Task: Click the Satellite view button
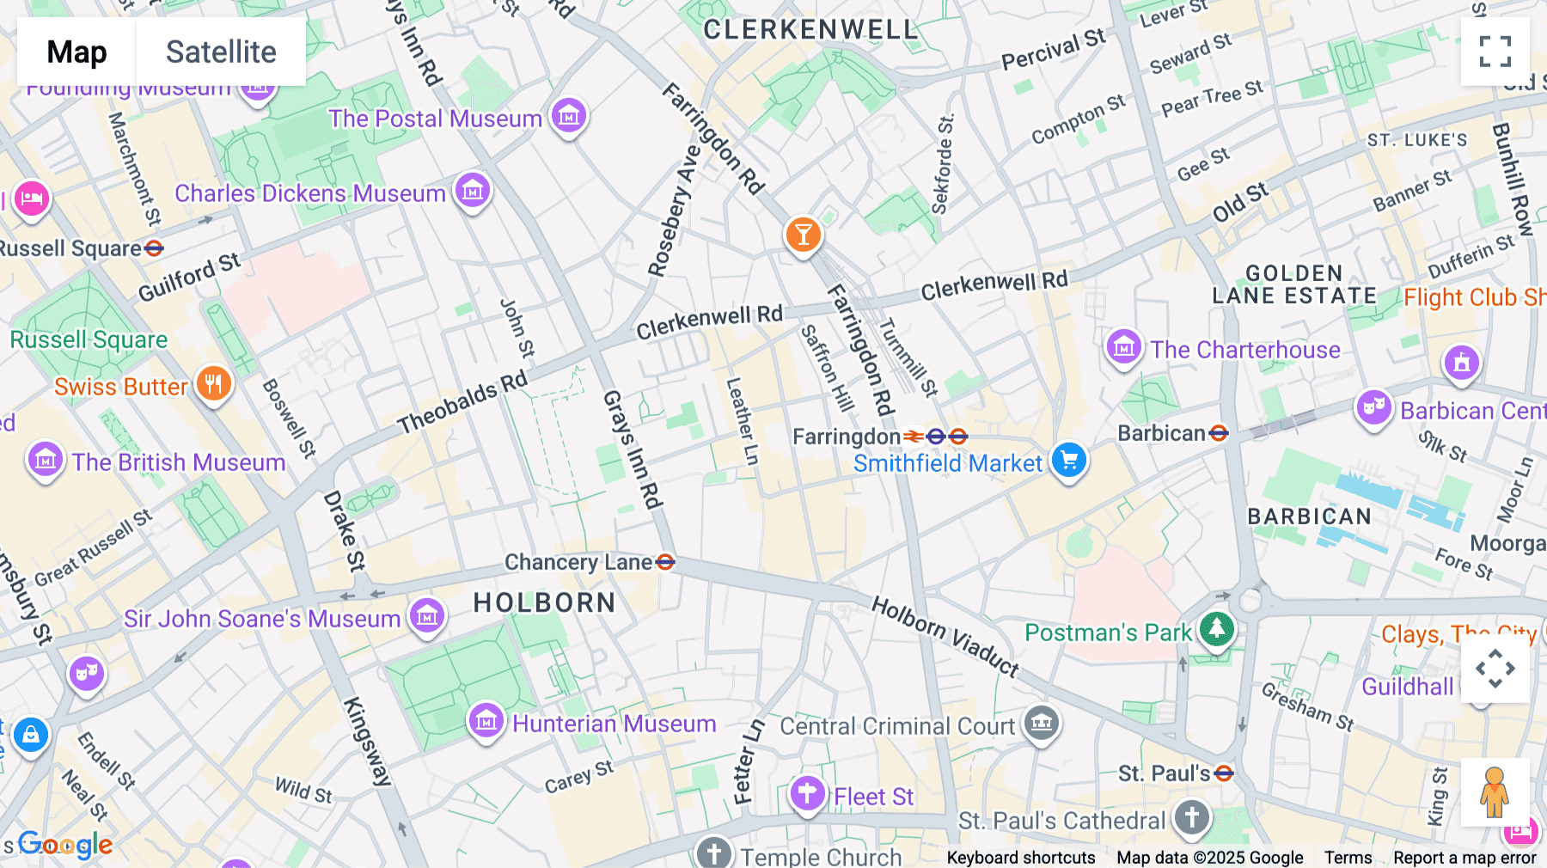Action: (x=221, y=52)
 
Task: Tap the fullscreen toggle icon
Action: (x=1495, y=52)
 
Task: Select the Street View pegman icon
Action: (x=1495, y=792)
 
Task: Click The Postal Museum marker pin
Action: (x=568, y=115)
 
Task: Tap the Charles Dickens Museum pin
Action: (x=473, y=190)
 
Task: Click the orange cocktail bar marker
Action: (x=803, y=234)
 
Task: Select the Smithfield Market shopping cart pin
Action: (x=1069, y=460)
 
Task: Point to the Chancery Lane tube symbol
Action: (x=665, y=562)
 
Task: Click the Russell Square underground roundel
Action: (x=154, y=248)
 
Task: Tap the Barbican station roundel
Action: (x=1219, y=433)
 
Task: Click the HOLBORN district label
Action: (x=544, y=602)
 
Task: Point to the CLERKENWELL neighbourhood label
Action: (x=810, y=30)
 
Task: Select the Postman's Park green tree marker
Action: (x=1216, y=629)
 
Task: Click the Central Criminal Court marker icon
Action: (x=1042, y=723)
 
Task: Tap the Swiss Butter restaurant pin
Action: (x=213, y=383)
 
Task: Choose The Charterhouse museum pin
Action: (x=1123, y=346)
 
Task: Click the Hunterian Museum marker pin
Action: (x=486, y=721)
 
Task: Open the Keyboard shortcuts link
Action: (x=1020, y=857)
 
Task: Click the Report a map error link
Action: (x=1464, y=857)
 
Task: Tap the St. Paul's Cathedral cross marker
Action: (x=1191, y=816)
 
